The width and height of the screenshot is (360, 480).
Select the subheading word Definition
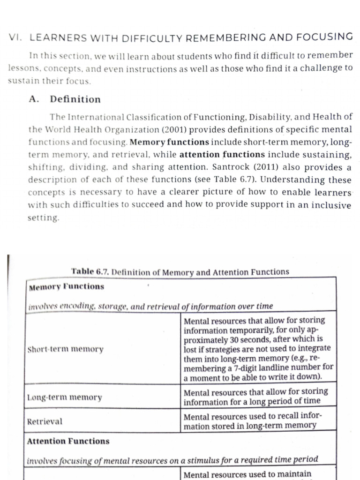(75, 99)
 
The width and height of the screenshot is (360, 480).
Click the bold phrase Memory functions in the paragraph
(169, 142)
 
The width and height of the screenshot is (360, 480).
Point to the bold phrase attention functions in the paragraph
(222, 154)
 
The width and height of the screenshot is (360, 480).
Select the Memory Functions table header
(67, 286)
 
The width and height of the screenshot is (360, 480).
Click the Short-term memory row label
(65, 349)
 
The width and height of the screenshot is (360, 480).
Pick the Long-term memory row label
(65, 397)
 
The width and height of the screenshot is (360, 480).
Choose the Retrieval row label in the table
(45, 421)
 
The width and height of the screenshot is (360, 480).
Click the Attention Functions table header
(68, 441)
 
